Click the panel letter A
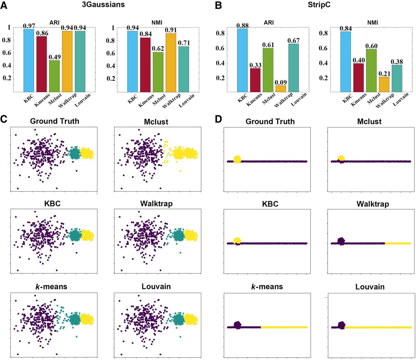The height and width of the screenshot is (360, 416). click(x=4, y=6)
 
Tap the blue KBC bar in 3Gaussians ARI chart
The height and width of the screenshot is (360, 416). click(x=29, y=60)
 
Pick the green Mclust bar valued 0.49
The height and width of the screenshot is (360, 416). click(x=54, y=76)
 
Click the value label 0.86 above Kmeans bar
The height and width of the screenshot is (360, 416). click(x=42, y=33)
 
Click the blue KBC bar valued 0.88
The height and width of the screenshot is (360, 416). click(x=242, y=60)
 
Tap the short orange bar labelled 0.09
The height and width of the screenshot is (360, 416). click(x=280, y=89)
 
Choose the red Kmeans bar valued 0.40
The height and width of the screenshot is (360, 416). click(x=358, y=78)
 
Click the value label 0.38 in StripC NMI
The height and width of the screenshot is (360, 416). click(x=397, y=62)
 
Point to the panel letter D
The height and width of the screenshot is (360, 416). click(x=218, y=119)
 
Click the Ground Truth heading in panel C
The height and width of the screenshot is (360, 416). click(x=55, y=121)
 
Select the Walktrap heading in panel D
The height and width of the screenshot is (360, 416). click(x=372, y=204)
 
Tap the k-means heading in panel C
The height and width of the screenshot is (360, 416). click(x=51, y=287)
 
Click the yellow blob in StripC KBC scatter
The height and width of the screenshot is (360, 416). click(x=237, y=240)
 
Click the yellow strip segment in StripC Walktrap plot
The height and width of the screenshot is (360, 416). click(x=398, y=243)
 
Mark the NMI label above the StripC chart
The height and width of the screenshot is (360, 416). click(x=372, y=23)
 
